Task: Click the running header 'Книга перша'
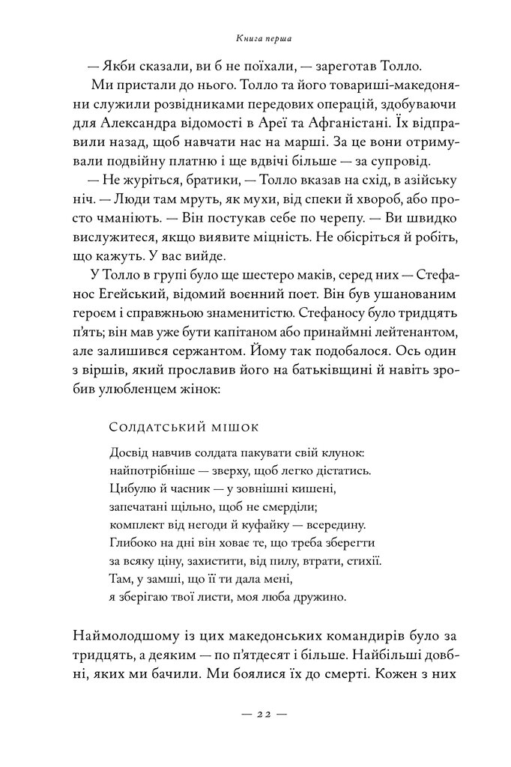tap(255, 37)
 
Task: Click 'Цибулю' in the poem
tap(134, 489)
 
